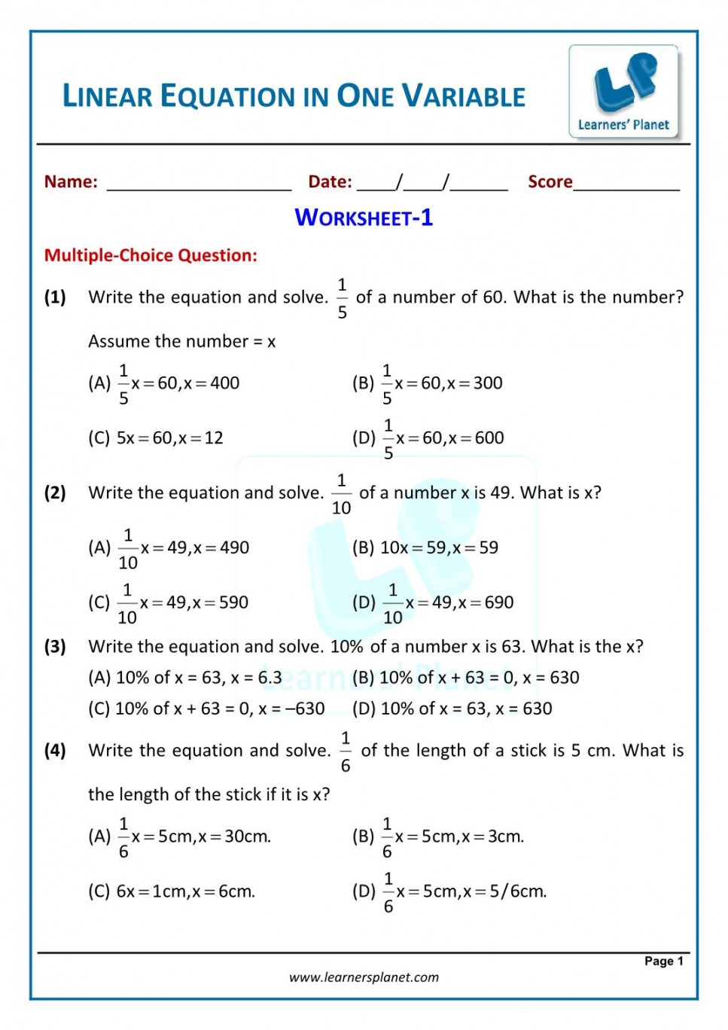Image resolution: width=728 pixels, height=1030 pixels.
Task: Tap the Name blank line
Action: point(199,185)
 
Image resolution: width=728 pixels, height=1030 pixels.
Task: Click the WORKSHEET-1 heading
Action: point(364,218)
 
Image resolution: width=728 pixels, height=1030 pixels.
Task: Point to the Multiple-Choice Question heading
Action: point(151,255)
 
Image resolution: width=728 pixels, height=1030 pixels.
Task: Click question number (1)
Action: point(55,297)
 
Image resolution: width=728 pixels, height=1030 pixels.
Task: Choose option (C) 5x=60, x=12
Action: point(156,437)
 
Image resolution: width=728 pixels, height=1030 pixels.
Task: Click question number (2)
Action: point(55,493)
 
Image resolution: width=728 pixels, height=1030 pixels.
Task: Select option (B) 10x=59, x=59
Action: point(425,547)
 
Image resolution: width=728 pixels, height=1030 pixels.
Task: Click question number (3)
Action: point(55,647)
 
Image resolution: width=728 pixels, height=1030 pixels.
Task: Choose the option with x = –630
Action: point(206,709)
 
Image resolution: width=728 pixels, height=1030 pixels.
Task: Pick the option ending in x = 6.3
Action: point(185,678)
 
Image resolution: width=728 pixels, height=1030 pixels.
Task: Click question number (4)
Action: point(55,751)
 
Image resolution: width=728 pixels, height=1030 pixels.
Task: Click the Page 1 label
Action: point(663,961)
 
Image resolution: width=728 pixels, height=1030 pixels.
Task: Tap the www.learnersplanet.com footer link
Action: point(364,977)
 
